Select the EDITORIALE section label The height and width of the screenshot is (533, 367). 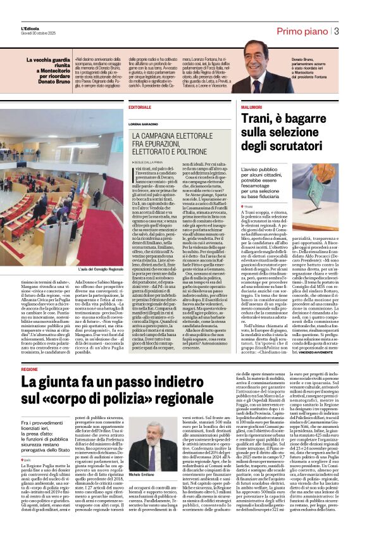pyautogui.click(x=140, y=108)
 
